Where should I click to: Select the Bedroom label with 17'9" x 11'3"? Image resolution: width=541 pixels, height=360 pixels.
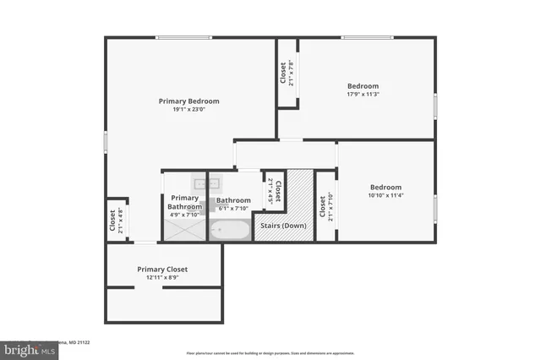[x=363, y=85]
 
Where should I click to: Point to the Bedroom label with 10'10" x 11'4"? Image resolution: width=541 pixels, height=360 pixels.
[x=385, y=187]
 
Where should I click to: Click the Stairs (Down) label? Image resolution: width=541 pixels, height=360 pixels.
[x=282, y=226]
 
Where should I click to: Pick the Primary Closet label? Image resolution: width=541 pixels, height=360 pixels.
[x=162, y=269]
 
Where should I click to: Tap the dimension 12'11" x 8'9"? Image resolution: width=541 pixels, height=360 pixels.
[x=162, y=277]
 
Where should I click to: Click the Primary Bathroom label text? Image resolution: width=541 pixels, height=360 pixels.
[x=184, y=203]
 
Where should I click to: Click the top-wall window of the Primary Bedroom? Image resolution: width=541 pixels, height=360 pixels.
[x=183, y=37]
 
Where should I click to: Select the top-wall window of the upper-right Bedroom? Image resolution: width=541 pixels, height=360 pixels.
[x=367, y=37]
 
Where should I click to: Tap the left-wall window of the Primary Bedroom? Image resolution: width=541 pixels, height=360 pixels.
[x=106, y=142]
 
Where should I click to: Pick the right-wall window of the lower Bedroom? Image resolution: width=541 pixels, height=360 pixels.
[x=434, y=205]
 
